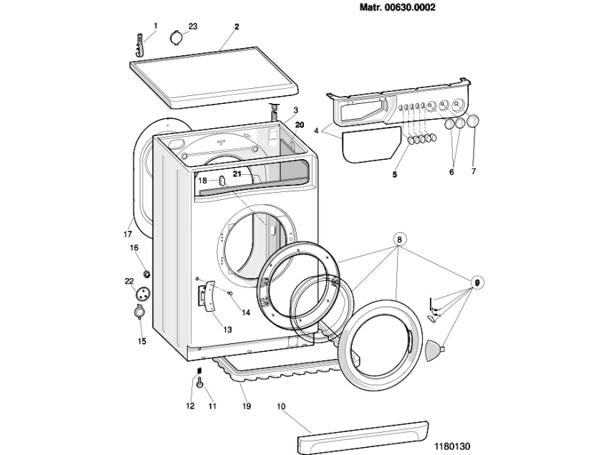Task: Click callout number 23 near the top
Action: pos(193,27)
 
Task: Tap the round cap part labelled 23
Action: pos(176,37)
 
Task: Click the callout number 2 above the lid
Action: pos(236,27)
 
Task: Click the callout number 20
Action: pos(300,124)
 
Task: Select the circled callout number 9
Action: pos(474,282)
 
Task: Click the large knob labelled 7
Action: pos(472,123)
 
